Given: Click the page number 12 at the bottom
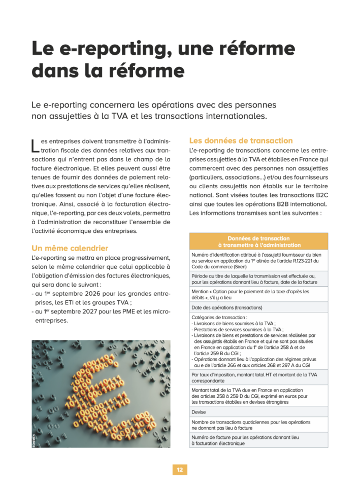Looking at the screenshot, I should (x=180, y=470).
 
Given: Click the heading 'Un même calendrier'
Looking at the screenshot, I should (x=70, y=248).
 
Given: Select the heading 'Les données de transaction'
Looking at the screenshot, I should (x=241, y=141).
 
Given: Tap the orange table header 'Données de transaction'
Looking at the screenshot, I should (x=258, y=241).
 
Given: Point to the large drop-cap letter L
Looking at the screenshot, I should (x=35, y=146).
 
